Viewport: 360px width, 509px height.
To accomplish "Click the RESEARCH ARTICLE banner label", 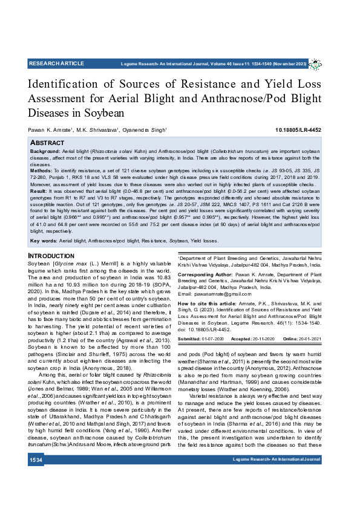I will click(56, 63).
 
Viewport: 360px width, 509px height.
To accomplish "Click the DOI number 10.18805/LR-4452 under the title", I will click(298, 130).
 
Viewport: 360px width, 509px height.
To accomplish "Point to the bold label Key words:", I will click(44, 241).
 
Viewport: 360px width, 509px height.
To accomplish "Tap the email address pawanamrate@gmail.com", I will click(206, 294).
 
